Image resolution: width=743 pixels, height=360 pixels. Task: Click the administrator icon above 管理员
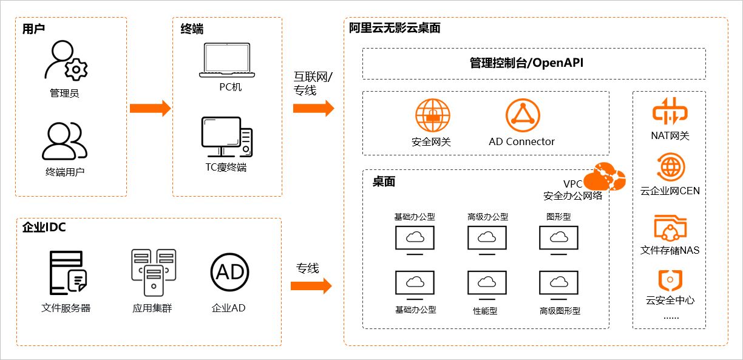click(66, 61)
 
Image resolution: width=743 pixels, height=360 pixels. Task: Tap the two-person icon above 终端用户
click(64, 141)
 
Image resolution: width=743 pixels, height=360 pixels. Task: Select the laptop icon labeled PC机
click(231, 60)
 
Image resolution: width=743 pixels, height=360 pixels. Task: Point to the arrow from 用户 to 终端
click(149, 109)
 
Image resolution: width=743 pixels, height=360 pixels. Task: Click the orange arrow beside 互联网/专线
click(313, 109)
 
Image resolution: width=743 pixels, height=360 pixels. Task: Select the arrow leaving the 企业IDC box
click(313, 285)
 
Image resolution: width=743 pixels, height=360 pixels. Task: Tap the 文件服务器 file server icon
click(67, 273)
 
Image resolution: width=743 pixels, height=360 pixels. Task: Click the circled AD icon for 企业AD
click(229, 273)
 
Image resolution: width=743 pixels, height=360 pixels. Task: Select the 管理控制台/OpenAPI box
click(534, 63)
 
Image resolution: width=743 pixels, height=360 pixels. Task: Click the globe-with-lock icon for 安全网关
click(432, 116)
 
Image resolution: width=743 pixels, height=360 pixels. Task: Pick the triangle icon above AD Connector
click(522, 116)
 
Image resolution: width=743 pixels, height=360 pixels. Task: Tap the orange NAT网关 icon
click(670, 112)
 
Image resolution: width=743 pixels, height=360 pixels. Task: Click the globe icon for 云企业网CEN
click(670, 168)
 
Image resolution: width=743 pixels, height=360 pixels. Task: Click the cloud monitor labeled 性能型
click(486, 284)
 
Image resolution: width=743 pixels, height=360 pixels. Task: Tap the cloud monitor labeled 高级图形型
click(558, 284)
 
